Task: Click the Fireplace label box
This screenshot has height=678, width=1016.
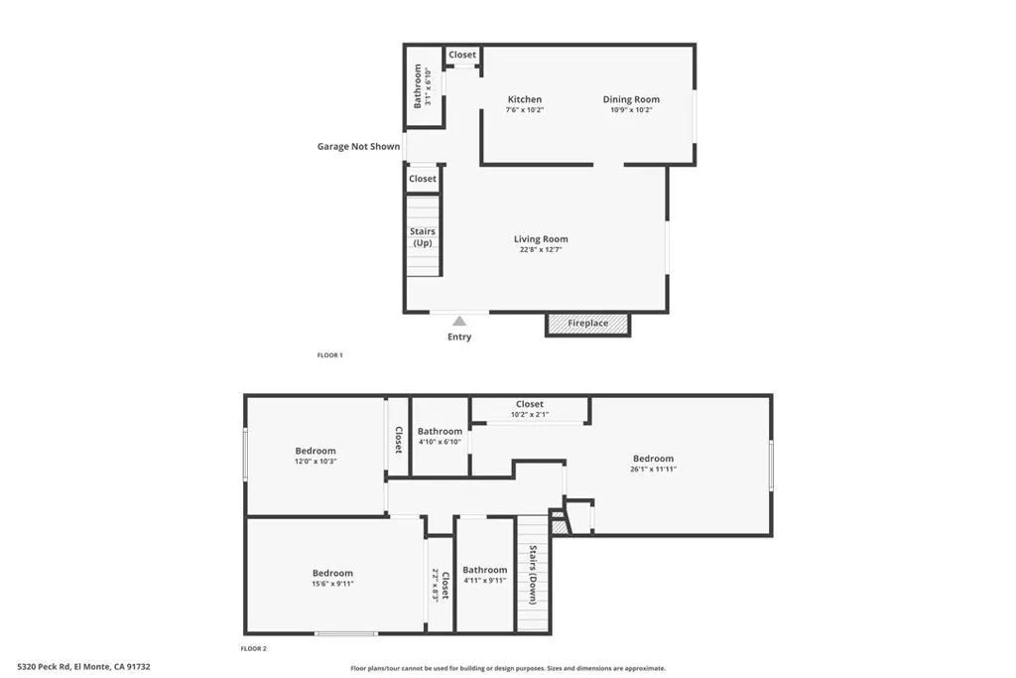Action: point(587,324)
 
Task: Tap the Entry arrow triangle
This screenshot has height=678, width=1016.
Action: point(459,321)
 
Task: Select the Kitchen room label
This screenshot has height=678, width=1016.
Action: point(525,99)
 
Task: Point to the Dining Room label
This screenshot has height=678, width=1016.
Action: point(631,99)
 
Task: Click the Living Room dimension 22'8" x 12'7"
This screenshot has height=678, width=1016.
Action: point(541,250)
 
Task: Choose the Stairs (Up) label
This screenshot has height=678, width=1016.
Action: point(423,237)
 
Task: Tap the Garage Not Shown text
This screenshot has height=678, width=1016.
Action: point(358,147)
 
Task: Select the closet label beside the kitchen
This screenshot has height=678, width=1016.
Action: point(462,55)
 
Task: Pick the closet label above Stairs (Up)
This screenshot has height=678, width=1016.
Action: point(423,179)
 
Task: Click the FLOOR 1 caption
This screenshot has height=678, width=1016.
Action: point(329,355)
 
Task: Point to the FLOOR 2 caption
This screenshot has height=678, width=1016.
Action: point(254,648)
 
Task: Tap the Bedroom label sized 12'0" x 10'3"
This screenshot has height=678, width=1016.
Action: point(316,451)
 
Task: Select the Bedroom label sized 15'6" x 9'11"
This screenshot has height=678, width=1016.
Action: point(332,573)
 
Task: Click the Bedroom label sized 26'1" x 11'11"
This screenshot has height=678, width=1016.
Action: point(653,459)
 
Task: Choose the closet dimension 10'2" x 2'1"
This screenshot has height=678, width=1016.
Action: point(529,415)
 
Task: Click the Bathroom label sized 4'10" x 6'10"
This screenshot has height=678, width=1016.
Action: point(440,431)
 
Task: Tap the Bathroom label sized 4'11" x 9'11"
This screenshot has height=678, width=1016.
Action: point(484,570)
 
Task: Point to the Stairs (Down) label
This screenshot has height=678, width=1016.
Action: point(533,575)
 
